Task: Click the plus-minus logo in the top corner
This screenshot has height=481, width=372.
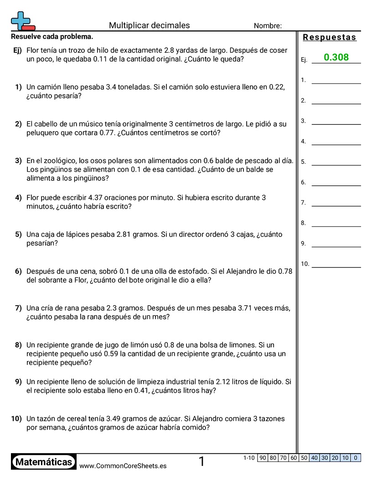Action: click(x=22, y=21)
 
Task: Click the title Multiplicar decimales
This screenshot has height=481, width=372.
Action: click(x=149, y=26)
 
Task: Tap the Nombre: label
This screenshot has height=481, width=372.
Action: click(x=268, y=26)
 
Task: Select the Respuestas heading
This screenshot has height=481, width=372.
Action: click(x=330, y=37)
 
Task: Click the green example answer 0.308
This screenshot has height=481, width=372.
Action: click(x=336, y=57)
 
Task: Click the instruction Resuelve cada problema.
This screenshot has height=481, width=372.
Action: click(x=52, y=36)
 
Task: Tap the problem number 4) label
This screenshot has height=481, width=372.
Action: click(x=18, y=198)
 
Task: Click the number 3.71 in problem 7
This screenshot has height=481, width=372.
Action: click(x=247, y=308)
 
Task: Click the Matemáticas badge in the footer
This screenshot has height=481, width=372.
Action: click(x=44, y=462)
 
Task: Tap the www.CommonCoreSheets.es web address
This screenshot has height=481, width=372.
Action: click(x=123, y=466)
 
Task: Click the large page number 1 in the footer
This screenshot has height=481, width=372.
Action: click(x=201, y=462)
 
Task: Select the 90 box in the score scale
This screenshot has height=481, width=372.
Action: click(x=263, y=458)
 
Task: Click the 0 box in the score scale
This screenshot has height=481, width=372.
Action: click(x=356, y=458)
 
